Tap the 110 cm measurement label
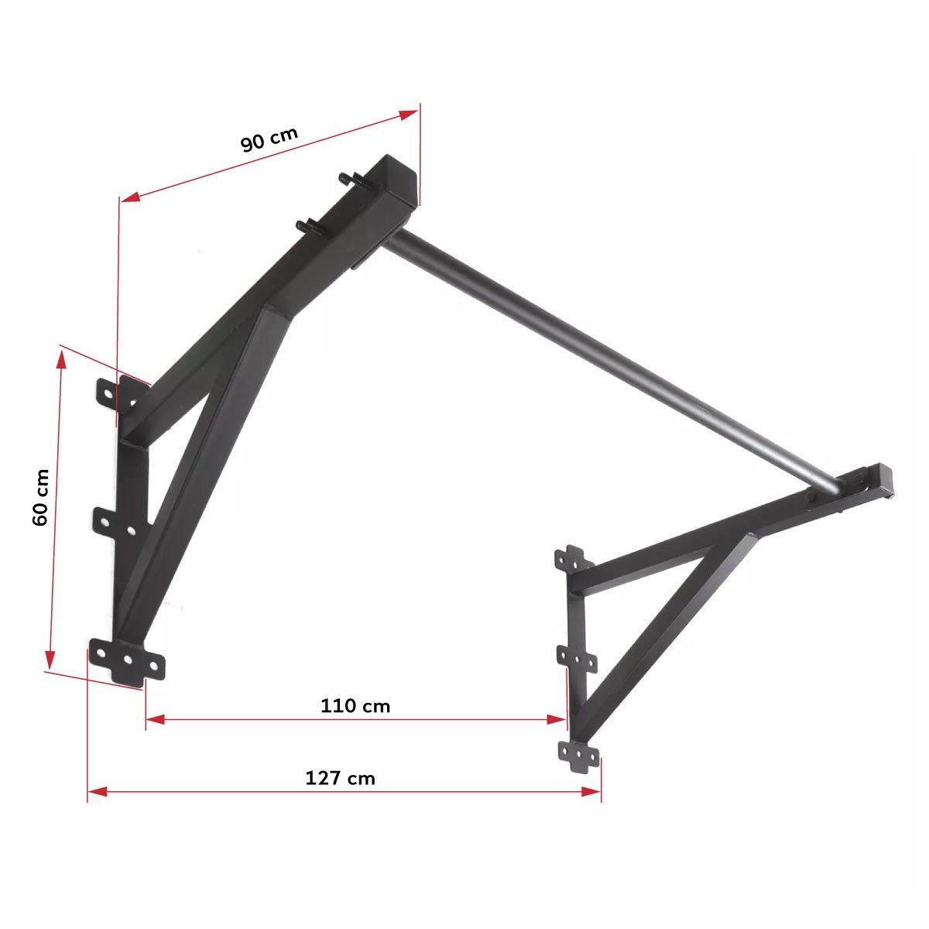click(355, 706)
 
